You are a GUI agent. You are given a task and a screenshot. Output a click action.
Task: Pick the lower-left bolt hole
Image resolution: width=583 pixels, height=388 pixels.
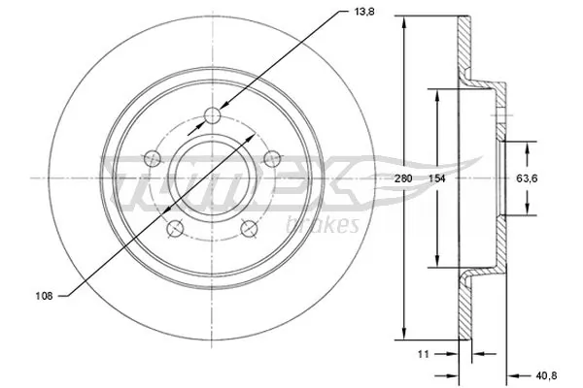click(174, 229)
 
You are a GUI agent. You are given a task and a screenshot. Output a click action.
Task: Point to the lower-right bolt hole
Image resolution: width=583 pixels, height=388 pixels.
click(249, 229)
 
